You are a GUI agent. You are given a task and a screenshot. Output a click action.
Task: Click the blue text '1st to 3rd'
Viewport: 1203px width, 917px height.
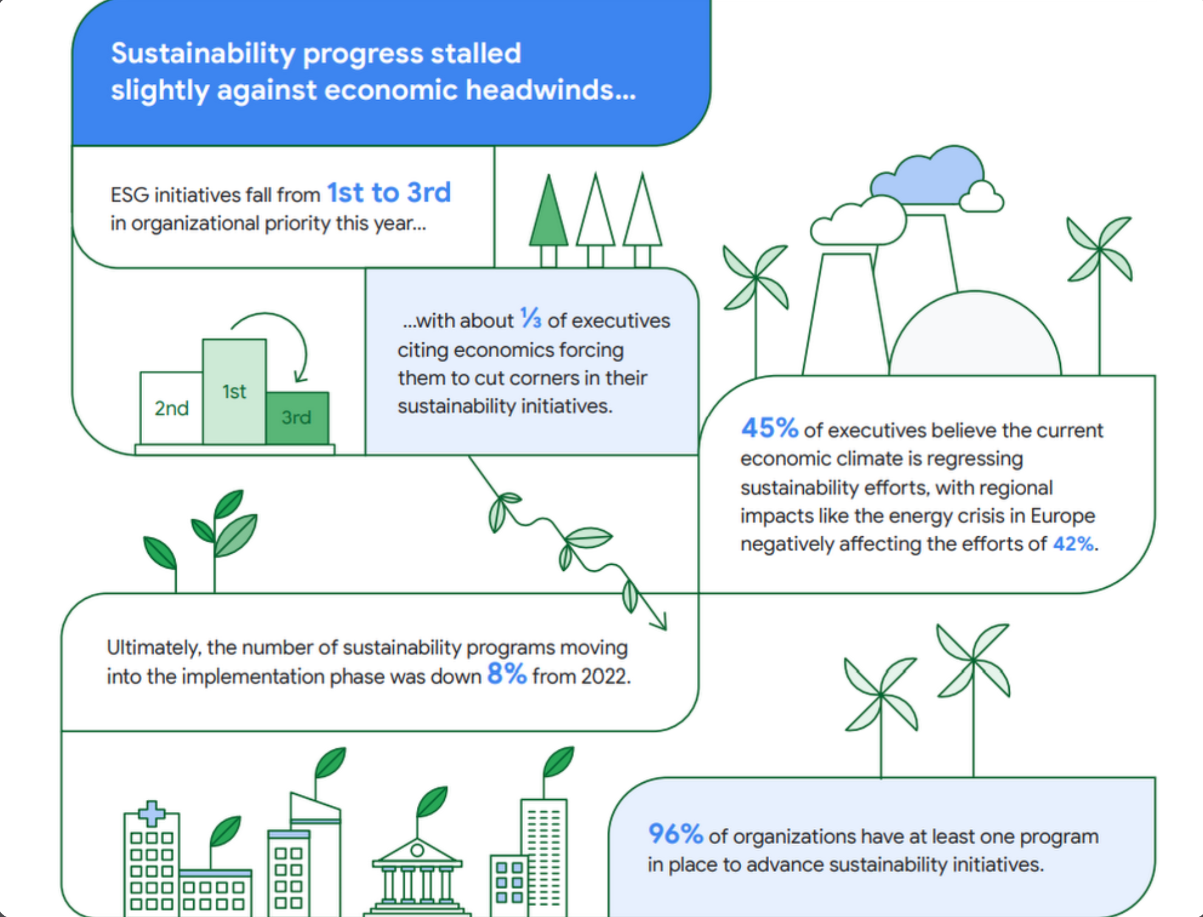pos(389,193)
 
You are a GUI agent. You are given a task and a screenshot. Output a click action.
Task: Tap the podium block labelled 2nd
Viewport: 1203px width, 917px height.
pos(171,408)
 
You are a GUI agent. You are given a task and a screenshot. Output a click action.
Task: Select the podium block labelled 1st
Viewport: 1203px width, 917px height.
pos(234,392)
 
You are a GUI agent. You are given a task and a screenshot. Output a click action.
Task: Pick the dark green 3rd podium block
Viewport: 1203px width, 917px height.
pos(297,418)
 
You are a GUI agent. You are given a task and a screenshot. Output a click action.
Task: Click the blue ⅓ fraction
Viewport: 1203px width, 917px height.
pos(531,318)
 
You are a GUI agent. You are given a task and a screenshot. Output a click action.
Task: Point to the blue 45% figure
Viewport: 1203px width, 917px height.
pos(769,428)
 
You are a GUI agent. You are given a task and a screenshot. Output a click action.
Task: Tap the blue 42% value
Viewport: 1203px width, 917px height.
pos(1074,544)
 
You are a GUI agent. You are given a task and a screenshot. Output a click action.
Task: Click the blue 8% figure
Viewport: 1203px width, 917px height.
pos(507,673)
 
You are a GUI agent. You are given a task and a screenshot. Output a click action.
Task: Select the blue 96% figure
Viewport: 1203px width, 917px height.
pos(676,834)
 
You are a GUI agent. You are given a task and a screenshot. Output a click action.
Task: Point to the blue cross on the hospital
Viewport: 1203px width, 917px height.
pos(151,814)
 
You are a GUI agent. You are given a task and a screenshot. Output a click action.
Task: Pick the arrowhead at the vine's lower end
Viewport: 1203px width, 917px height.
pos(659,621)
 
